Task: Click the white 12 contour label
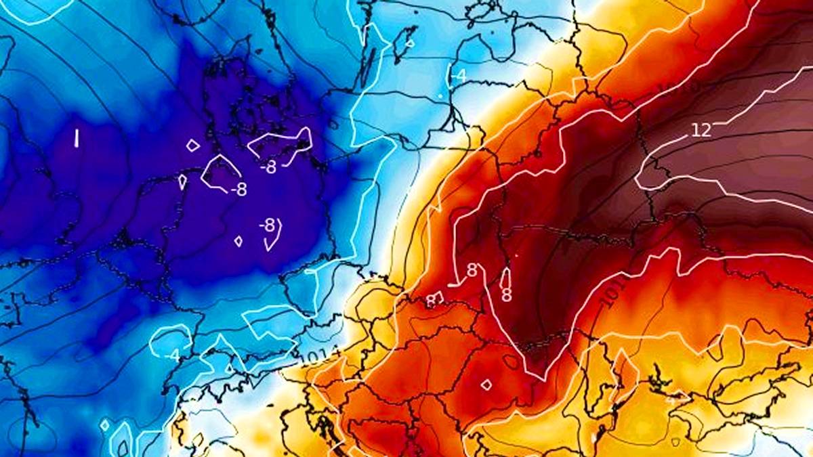(x=701, y=130)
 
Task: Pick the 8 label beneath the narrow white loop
(x=506, y=295)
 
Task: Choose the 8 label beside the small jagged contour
(x=431, y=301)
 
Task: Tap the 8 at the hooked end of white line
(x=472, y=271)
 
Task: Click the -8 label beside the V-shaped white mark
(x=268, y=225)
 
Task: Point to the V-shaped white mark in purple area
(x=274, y=236)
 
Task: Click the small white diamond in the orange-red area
(x=486, y=385)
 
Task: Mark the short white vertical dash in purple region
(x=77, y=138)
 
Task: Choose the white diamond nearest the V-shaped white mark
(x=238, y=241)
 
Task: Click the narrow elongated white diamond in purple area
(x=182, y=182)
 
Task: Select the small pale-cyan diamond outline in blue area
(x=104, y=425)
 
